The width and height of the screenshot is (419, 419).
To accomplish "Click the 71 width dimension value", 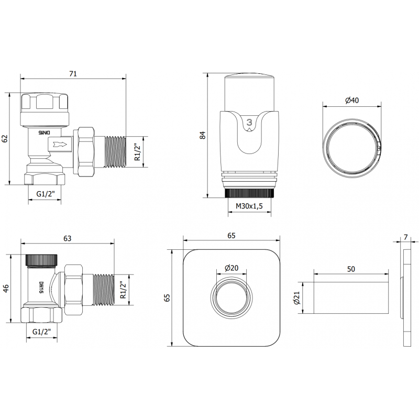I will click(73, 74).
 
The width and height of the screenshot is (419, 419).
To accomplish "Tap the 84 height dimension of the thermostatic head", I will click(203, 135).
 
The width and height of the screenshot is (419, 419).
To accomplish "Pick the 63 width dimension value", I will click(68, 238).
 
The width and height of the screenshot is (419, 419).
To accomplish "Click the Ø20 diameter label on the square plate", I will click(231, 268).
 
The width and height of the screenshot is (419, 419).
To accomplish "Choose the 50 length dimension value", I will click(351, 269).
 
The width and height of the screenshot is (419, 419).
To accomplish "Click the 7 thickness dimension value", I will click(406, 237).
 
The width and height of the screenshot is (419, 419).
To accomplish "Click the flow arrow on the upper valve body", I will click(60, 144).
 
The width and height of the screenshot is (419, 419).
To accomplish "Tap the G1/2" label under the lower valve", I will click(42, 332).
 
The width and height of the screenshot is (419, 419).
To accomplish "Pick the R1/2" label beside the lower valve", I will click(124, 290).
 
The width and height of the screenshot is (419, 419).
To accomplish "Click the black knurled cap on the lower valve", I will click(43, 259).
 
